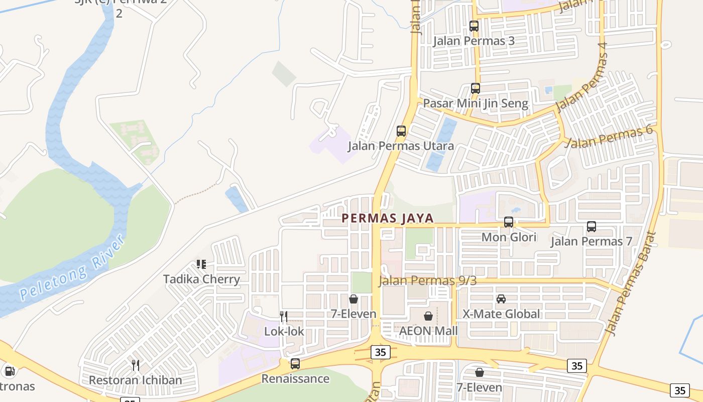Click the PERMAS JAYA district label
[x=387, y=218]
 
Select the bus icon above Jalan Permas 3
[x=474, y=26]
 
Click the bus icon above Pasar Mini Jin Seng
[x=476, y=88]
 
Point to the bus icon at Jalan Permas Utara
[x=401, y=131]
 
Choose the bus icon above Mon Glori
[x=509, y=222]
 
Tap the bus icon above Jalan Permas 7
[x=592, y=227]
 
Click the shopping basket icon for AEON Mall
[x=428, y=316]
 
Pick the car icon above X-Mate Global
[x=501, y=299]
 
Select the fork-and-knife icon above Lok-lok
[x=284, y=316]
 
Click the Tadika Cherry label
[x=202, y=279]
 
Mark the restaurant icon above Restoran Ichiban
[x=135, y=364]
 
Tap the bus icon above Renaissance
[x=295, y=363]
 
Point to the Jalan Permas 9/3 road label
[x=427, y=280]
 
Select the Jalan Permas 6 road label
[x=608, y=137]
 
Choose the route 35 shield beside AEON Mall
[x=381, y=352]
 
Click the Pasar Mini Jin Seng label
[x=476, y=104]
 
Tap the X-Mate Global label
[x=501, y=314]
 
